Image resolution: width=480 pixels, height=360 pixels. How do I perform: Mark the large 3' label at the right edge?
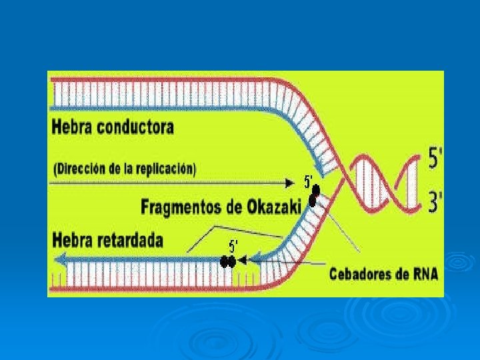pos(435,201)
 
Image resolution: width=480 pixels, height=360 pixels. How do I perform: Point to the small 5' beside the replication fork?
pos(309,181)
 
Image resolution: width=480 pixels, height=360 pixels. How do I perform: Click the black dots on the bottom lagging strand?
pos(229,262)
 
